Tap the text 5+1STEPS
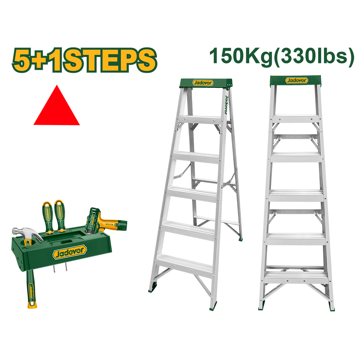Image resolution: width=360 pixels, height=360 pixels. (85, 60)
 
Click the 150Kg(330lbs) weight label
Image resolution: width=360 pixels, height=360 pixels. (282, 57)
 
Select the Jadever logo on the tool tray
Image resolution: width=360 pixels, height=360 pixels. (70, 252)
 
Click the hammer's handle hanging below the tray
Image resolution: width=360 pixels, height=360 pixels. (31, 289)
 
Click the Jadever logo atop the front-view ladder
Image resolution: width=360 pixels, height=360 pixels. (297, 80)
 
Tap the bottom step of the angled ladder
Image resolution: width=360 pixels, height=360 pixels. (184, 264)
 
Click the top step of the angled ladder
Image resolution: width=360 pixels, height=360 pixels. (200, 120)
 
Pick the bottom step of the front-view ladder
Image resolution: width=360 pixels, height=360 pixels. (296, 277)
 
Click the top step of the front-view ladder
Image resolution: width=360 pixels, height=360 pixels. (296, 119)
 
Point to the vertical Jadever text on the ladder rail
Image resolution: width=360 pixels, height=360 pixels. (226, 105)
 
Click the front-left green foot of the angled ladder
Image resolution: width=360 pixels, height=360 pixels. (152, 290)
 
